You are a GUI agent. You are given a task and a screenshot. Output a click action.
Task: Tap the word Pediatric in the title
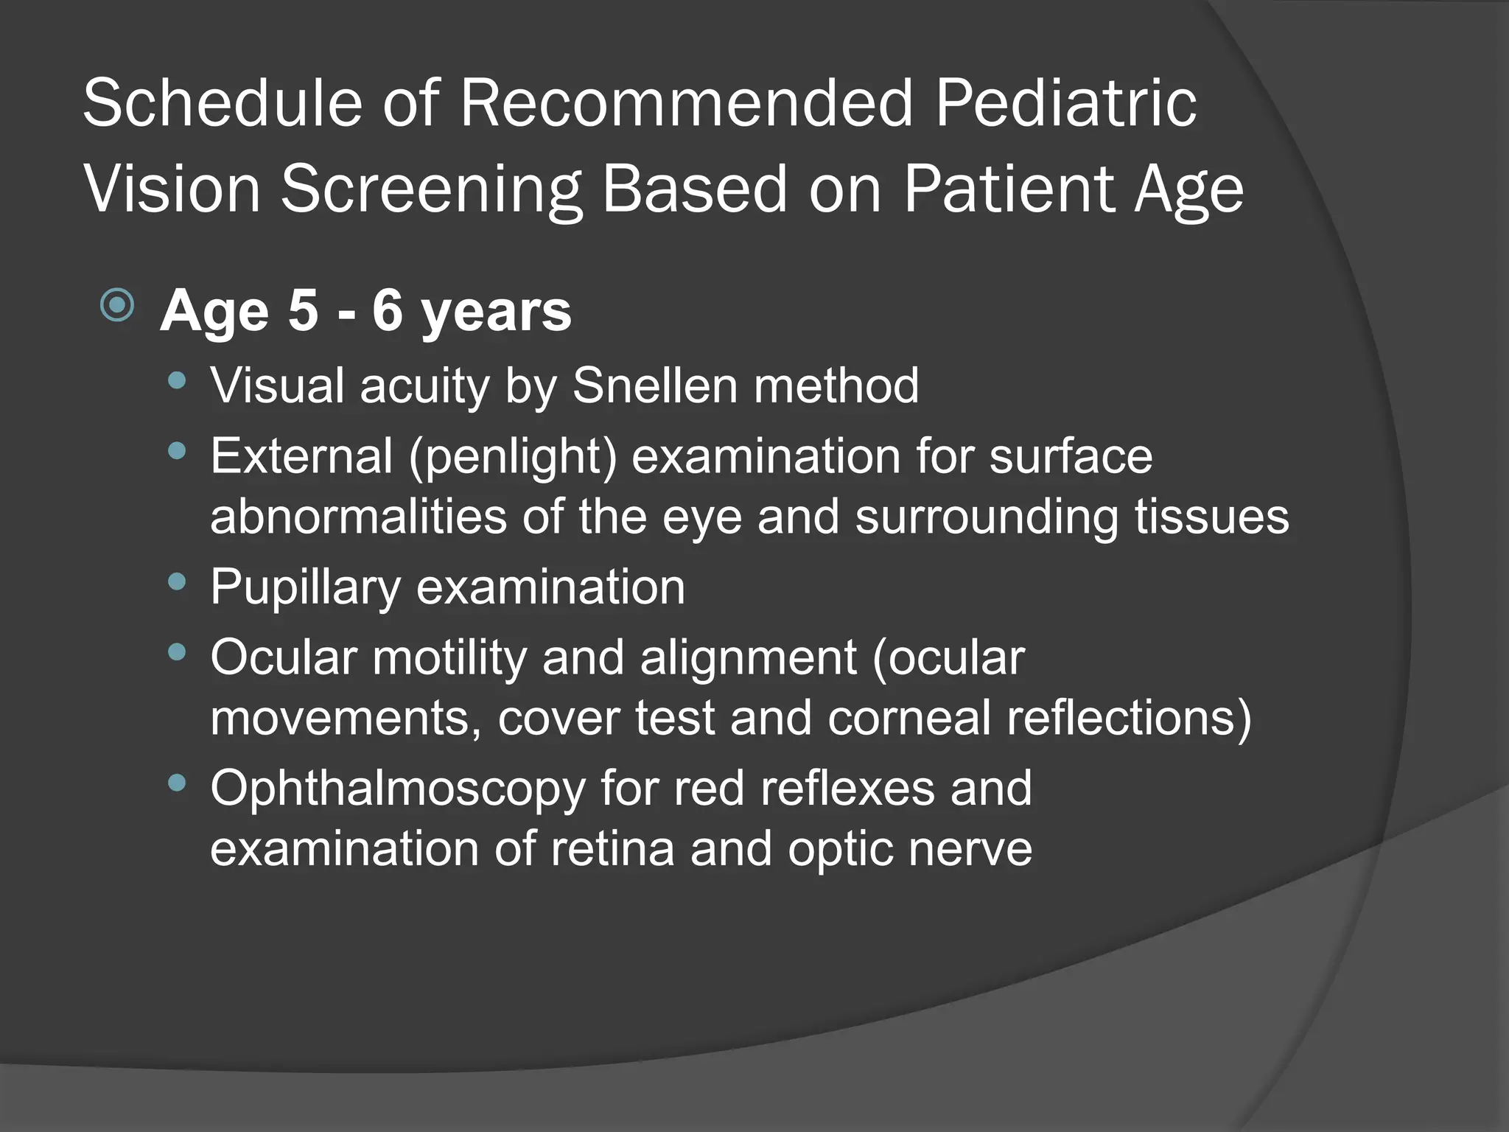coord(1065,104)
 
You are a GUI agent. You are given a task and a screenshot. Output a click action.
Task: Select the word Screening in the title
coord(432,190)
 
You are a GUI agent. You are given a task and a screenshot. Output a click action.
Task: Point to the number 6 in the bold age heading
coord(388,310)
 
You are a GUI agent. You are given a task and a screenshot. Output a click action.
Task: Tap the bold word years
coord(496,313)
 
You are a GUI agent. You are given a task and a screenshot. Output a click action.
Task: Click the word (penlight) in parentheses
coord(512,456)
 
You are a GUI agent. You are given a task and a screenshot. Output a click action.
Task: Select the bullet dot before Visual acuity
coord(177,381)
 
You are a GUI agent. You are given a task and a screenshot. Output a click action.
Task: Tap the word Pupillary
coord(304,587)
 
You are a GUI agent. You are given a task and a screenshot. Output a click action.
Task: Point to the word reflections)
coord(1129,717)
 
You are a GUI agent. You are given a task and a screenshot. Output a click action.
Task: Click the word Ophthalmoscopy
coord(398,789)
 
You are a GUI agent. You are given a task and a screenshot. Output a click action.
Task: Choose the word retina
coord(612,848)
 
